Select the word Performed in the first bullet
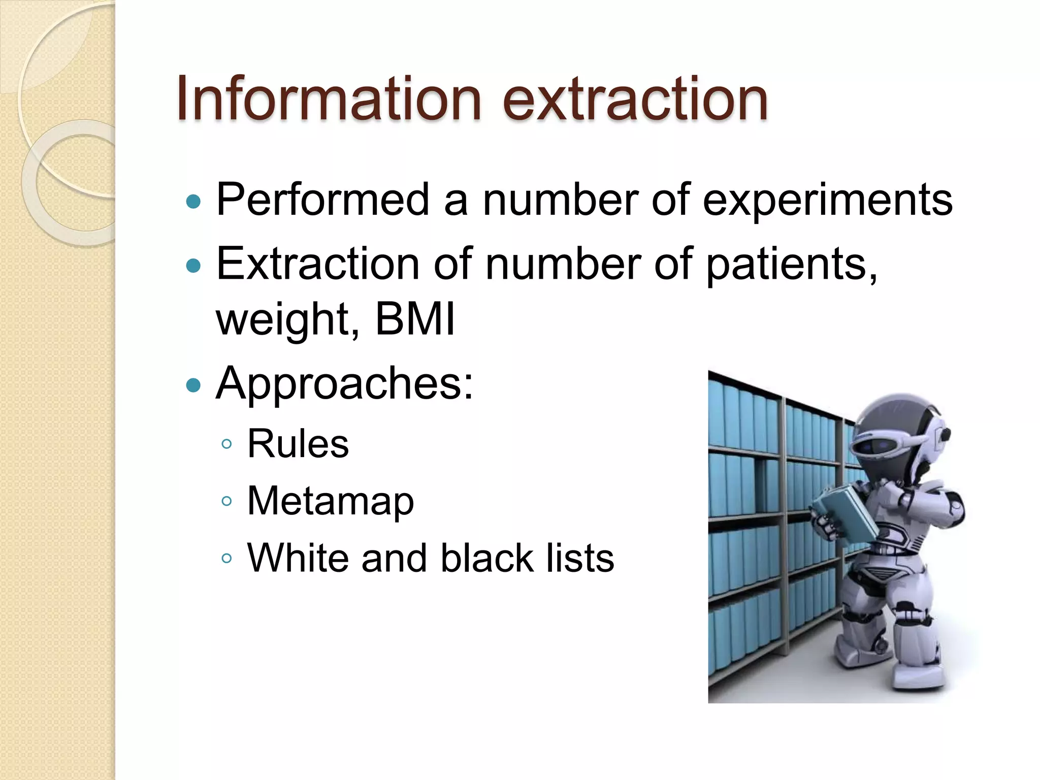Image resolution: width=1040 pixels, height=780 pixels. pyautogui.click(x=323, y=200)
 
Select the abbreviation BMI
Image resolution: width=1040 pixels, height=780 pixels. pyautogui.click(x=415, y=319)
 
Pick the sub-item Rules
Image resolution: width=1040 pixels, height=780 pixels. pyautogui.click(x=298, y=444)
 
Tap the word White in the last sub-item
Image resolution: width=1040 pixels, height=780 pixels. pyautogui.click(x=298, y=558)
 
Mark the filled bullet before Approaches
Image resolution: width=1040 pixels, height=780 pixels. pyautogui.click(x=193, y=385)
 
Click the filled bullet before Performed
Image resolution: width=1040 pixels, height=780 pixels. pyautogui.click(x=193, y=202)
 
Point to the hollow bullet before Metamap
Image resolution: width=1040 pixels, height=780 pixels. pyautogui.click(x=227, y=502)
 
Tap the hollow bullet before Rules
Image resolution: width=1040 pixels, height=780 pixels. pyautogui.click(x=227, y=444)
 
